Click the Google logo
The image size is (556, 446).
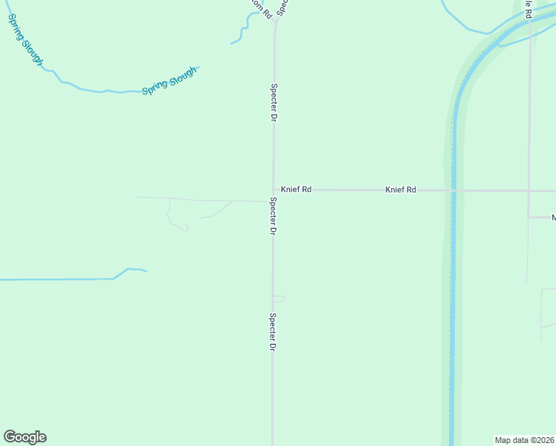25,437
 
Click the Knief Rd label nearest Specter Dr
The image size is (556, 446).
296,190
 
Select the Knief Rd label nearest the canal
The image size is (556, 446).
401,190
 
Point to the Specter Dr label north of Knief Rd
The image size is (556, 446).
274,103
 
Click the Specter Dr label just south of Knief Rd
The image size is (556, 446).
273,216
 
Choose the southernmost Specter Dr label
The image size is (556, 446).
273,332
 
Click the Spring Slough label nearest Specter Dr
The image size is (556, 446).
169,81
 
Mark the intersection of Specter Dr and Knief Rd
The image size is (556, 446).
274,190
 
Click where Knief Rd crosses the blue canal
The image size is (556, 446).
453,190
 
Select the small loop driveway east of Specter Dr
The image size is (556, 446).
280,299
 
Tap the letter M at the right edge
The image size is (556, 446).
553,218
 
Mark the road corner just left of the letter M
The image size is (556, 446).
528,217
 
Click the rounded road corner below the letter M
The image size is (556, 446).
542,290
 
